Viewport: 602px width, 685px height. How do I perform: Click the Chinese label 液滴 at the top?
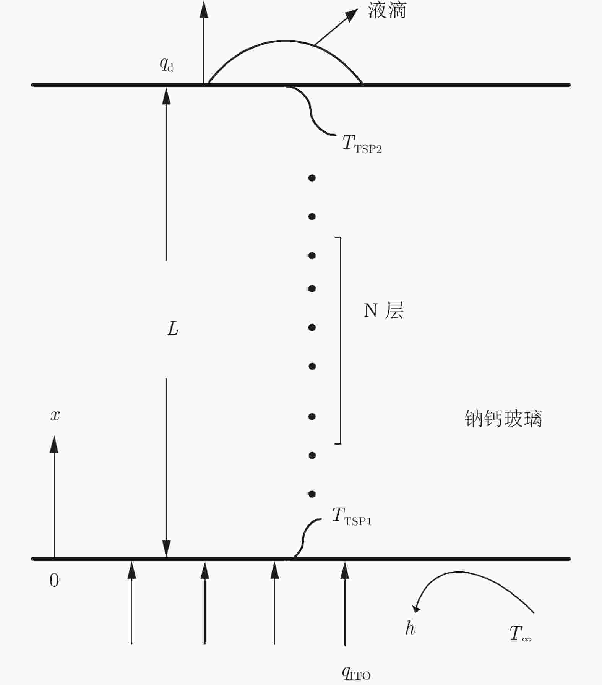pyautogui.click(x=387, y=11)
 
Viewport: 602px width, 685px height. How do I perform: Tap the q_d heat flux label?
pyautogui.click(x=167, y=65)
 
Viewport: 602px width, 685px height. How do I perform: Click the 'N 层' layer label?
pyautogui.click(x=383, y=310)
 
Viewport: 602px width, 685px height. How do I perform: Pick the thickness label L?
pyautogui.click(x=173, y=329)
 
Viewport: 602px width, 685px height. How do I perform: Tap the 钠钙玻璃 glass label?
pyautogui.click(x=503, y=419)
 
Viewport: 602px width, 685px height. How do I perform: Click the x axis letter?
pyautogui.click(x=55, y=415)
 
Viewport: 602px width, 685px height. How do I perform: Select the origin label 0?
pyautogui.click(x=54, y=581)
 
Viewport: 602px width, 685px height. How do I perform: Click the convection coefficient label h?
pyautogui.click(x=410, y=628)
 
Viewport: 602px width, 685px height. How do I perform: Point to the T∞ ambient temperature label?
pyautogui.click(x=520, y=633)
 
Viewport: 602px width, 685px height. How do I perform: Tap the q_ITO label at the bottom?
pyautogui.click(x=355, y=673)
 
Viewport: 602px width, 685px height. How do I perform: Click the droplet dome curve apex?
pyautogui.click(x=285, y=41)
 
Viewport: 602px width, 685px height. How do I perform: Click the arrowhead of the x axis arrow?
pyautogui.click(x=54, y=444)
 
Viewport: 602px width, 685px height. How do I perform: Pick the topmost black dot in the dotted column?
pyautogui.click(x=312, y=178)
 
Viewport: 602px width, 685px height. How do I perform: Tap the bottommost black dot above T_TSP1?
pyautogui.click(x=312, y=494)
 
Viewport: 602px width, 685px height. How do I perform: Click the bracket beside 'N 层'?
pyautogui.click(x=340, y=340)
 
